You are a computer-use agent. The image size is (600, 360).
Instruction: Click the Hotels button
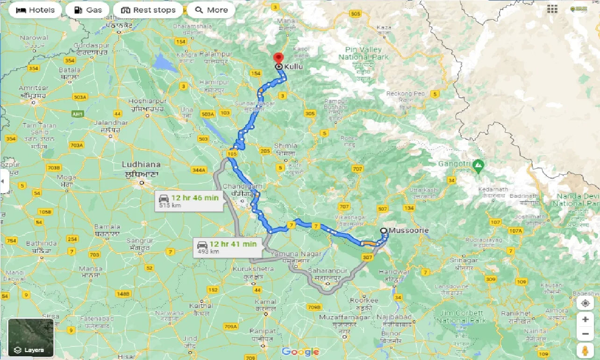[35, 10]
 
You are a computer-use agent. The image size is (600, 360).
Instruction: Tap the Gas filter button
[87, 10]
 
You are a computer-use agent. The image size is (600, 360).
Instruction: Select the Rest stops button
[148, 10]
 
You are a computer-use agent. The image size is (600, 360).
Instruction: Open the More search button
[212, 10]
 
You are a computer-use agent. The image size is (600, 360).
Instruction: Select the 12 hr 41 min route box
[227, 247]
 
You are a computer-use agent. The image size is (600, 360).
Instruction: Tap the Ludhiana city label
[141, 165]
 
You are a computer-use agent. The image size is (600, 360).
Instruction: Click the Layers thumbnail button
[31, 337]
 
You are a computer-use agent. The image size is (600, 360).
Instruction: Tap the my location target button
[585, 303]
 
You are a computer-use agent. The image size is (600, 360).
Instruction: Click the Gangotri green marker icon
[478, 165]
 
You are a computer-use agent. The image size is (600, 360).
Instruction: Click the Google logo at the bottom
[300, 352]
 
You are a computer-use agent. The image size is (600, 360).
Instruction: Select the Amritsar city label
[33, 88]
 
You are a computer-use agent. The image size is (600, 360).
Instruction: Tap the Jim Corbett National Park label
[461, 317]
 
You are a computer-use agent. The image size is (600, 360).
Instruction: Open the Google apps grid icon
[552, 9]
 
